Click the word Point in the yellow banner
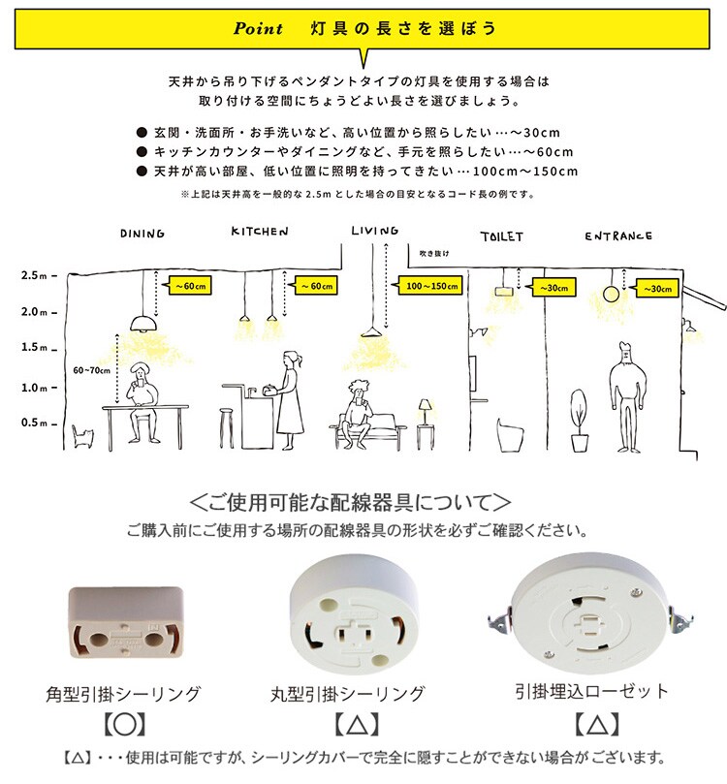tap(258, 28)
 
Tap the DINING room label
tap(142, 234)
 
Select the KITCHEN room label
tap(260, 232)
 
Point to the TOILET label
tap(502, 237)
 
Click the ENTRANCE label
tap(618, 236)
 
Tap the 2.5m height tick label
tap(34, 275)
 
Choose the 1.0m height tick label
tap(35, 388)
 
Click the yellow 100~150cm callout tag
tap(430, 286)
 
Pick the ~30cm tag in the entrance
tap(657, 289)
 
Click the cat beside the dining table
tap(82, 436)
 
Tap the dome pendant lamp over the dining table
tap(144, 324)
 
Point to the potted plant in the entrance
tap(580, 421)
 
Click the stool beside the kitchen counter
tap(227, 428)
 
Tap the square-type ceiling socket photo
tap(125, 622)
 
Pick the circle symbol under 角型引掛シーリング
tap(124, 724)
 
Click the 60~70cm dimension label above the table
tap(91, 370)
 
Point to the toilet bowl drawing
tap(510, 434)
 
